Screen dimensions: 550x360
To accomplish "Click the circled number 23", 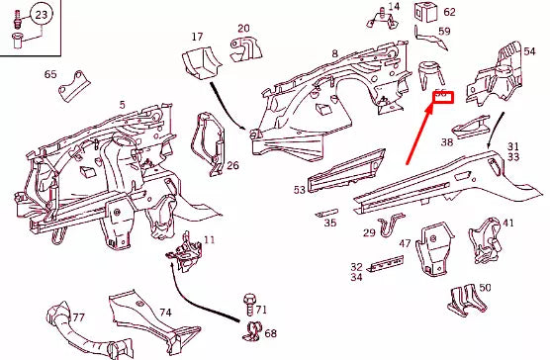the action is tap(41, 15).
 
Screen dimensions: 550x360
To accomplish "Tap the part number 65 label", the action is tap(50, 74).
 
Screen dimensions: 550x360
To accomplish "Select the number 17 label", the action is tap(197, 37).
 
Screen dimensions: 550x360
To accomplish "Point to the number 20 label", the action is tap(243, 28).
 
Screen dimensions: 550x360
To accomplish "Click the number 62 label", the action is tap(449, 13).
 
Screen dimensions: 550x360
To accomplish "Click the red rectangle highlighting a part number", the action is tap(442, 96).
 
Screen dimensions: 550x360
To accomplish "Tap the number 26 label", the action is tap(232, 165).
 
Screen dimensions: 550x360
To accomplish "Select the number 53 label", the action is tap(300, 189).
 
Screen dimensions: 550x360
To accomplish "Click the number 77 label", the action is tap(78, 317).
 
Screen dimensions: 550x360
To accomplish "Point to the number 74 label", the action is tap(166, 313).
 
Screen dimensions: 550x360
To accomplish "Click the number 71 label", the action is tap(261, 311).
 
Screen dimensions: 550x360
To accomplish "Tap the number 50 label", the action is tap(485, 288).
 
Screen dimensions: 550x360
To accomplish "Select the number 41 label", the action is tap(508, 224).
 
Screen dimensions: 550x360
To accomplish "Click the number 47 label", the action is tap(405, 243).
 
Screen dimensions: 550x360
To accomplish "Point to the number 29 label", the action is tap(369, 233).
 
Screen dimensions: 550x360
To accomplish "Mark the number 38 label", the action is tap(447, 142).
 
